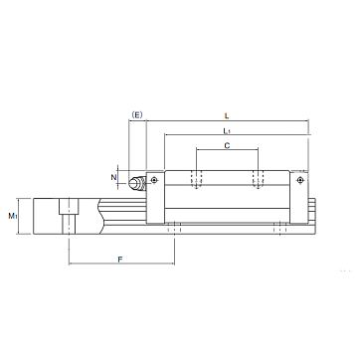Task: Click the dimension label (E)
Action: click(136, 115)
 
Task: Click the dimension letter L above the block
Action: click(227, 115)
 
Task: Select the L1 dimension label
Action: click(227, 131)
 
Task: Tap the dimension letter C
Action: click(227, 145)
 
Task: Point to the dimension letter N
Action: click(113, 177)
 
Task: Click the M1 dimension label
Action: click(13, 216)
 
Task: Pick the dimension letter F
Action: click(120, 260)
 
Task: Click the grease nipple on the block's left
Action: click(137, 183)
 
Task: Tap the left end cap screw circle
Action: click(153, 180)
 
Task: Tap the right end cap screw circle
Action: click(300, 180)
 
